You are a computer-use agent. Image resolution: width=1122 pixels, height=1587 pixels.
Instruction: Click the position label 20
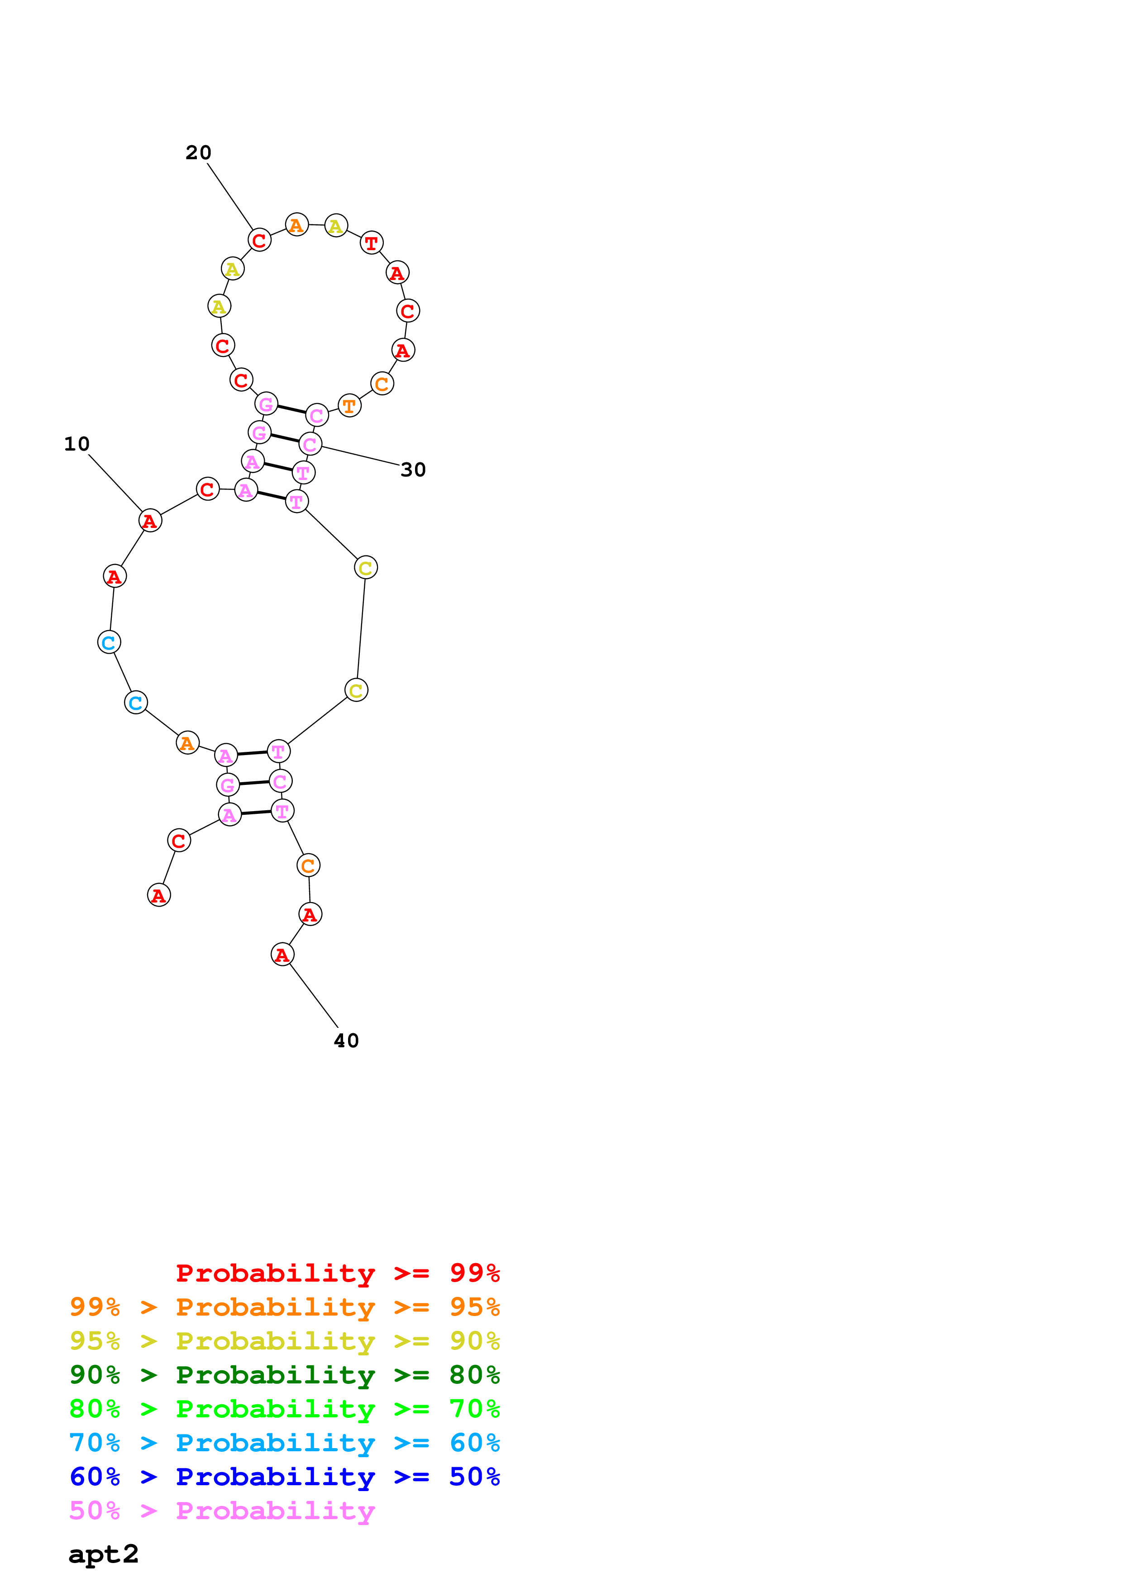198,153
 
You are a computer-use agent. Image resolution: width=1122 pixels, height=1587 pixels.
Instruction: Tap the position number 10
77,444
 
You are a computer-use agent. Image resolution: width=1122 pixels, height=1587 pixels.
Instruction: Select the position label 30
413,470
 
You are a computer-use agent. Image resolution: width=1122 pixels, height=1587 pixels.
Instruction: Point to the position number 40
346,1041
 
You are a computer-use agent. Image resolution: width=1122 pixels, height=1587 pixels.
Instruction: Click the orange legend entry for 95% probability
285,1307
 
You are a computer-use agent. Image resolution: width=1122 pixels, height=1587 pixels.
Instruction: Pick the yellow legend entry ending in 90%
285,1341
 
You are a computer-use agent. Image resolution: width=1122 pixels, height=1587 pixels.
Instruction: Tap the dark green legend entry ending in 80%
285,1375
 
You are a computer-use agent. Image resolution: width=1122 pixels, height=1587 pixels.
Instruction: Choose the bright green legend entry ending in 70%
285,1409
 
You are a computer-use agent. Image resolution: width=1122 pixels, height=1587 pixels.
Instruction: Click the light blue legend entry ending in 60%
285,1443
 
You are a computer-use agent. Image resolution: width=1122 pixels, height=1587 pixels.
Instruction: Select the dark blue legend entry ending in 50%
285,1477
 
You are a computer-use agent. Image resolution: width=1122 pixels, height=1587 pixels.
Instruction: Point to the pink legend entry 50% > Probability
222,1510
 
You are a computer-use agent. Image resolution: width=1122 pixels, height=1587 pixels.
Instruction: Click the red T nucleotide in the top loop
371,242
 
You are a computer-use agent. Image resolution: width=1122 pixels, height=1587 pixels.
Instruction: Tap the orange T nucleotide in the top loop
349,406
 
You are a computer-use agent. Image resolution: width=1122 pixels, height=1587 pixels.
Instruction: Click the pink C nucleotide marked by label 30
310,444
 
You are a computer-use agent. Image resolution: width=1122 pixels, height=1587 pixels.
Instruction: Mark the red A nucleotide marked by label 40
282,955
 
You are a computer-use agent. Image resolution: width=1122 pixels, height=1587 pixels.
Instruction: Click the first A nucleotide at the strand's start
159,895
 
